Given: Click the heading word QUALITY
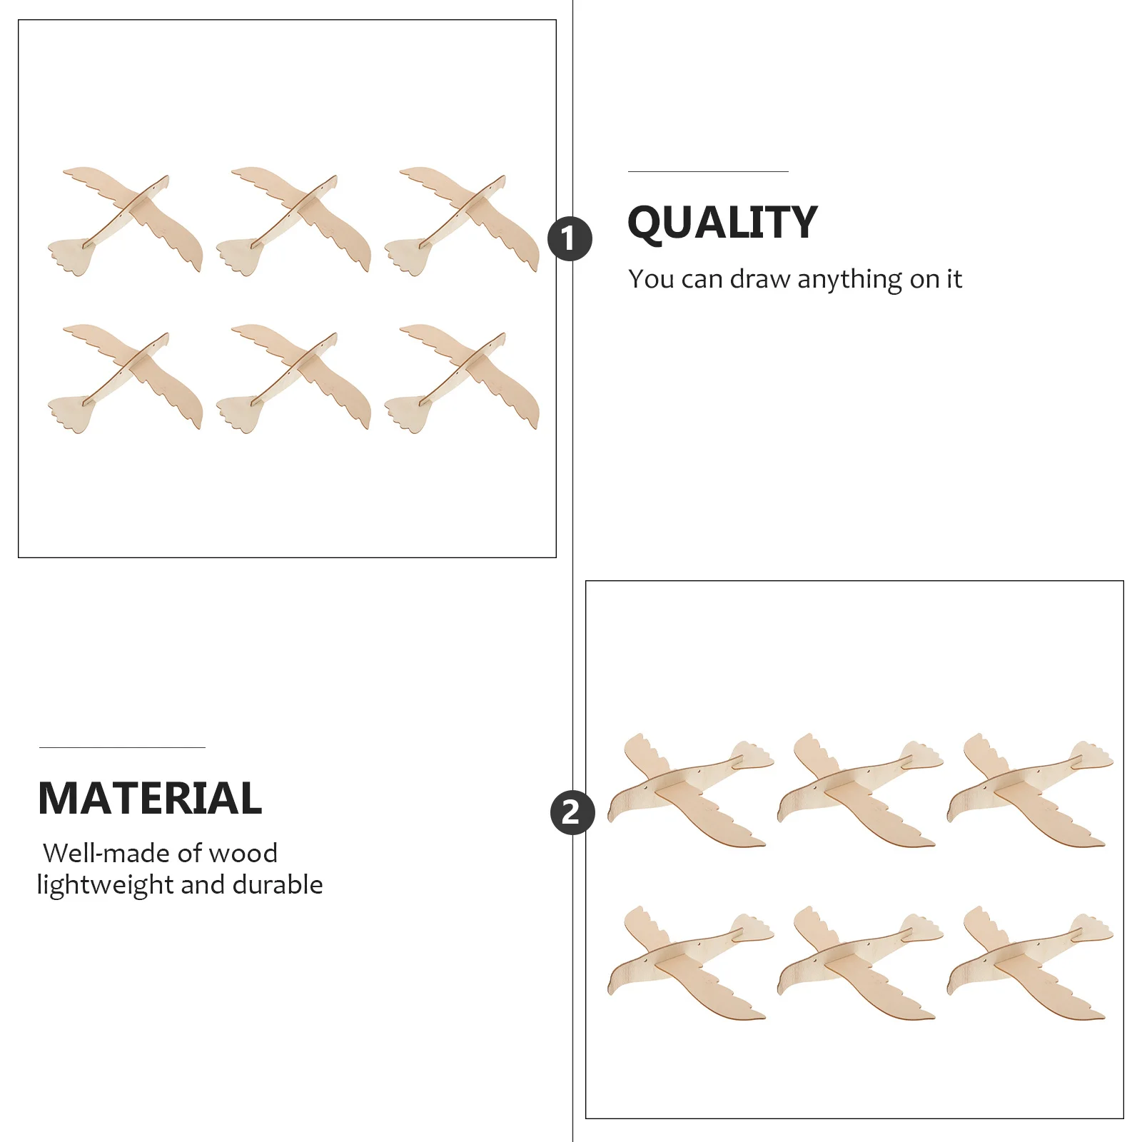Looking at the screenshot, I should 722,222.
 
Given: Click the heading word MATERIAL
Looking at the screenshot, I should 150,798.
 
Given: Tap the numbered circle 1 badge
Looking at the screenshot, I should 570,238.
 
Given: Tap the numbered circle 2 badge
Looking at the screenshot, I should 572,812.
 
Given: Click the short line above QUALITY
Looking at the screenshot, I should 708,171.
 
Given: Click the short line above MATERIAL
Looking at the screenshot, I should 122,747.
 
